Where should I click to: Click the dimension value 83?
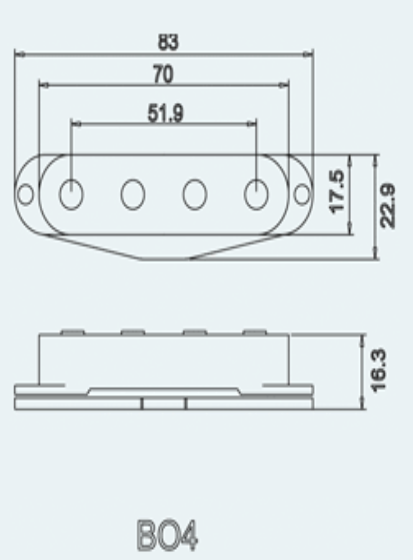pyautogui.click(x=168, y=42)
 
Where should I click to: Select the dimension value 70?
pyautogui.click(x=163, y=75)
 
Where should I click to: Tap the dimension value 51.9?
pyautogui.click(x=165, y=113)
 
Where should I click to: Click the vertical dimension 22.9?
pyautogui.click(x=388, y=205)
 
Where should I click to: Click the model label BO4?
pyautogui.click(x=167, y=535)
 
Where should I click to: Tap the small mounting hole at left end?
pyautogui.click(x=25, y=194)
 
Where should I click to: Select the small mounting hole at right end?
pyautogui.click(x=302, y=194)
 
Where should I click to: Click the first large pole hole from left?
pyautogui.click(x=71, y=194)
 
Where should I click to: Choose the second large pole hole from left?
pyautogui.click(x=133, y=194)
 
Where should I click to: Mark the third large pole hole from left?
pyautogui.click(x=195, y=194)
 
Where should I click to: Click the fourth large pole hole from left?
pyautogui.click(x=256, y=194)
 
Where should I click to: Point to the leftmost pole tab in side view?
pyautogui.click(x=72, y=332)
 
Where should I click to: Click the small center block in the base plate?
pyautogui.click(x=164, y=403)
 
